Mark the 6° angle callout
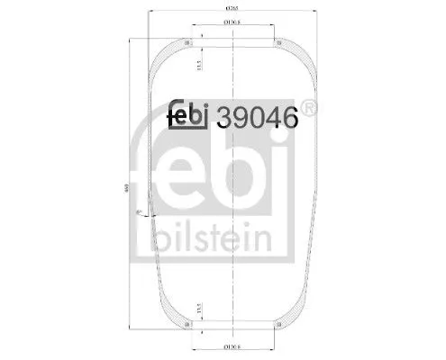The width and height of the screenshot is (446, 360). [x=138, y=212]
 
